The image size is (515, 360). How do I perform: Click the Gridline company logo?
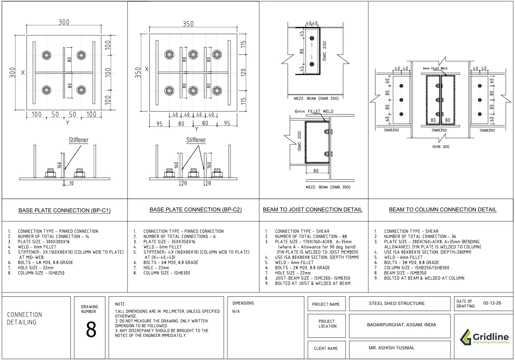coord(485,339)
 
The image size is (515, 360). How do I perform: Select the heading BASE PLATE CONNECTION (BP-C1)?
coord(65,210)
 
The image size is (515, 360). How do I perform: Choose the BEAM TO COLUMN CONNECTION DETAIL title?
coord(442,210)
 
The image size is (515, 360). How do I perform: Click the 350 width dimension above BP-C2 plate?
coord(188,24)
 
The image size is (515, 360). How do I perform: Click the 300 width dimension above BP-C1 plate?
coord(64,23)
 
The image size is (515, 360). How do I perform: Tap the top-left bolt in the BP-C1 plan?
coord(47,55)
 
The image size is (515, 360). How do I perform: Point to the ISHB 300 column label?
coord(441,146)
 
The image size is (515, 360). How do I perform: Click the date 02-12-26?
coord(492,303)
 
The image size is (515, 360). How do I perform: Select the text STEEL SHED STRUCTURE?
coord(397,304)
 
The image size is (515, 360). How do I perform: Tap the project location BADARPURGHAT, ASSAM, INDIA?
coord(402,325)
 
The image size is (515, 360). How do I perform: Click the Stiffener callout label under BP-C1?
coord(79,140)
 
